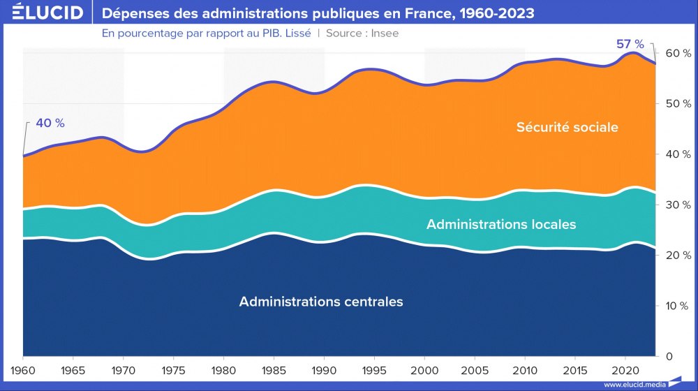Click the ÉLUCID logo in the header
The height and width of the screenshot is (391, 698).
(x=43, y=13)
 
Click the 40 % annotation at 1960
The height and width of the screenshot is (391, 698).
(x=50, y=123)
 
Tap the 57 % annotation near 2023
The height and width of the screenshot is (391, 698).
(x=630, y=44)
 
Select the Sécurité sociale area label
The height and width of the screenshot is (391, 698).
(x=567, y=127)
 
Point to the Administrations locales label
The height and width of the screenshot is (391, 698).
(x=501, y=224)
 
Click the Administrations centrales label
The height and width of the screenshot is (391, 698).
(x=321, y=302)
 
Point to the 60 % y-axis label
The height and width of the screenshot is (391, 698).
(x=678, y=53)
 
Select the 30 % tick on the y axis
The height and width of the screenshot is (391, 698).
(x=678, y=205)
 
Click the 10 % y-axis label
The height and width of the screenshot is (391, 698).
(x=678, y=306)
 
